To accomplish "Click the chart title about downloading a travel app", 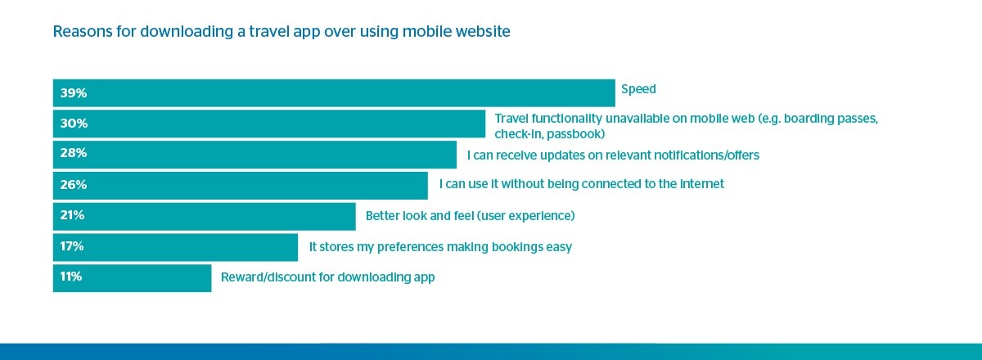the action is click(x=282, y=32).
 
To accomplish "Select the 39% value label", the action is click(x=74, y=93).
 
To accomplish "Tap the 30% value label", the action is click(x=74, y=124).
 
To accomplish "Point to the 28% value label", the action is click(x=74, y=153).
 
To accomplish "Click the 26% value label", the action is click(x=74, y=185).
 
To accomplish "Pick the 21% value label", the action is click(x=72, y=215).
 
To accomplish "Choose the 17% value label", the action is click(x=72, y=246).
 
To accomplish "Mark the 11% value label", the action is click(x=71, y=277).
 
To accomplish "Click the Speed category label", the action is click(x=638, y=89).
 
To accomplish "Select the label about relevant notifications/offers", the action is click(x=613, y=155).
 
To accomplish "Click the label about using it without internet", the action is click(x=581, y=184).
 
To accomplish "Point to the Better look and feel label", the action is click(x=470, y=216).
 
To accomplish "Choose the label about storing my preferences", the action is click(x=440, y=247).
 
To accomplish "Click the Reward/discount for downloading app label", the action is click(x=327, y=277).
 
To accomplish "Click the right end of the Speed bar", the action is click(x=615, y=93).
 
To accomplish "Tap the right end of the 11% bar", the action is click(x=211, y=278).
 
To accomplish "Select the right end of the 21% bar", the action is click(x=355, y=216).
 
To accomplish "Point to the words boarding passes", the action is click(x=831, y=119).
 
